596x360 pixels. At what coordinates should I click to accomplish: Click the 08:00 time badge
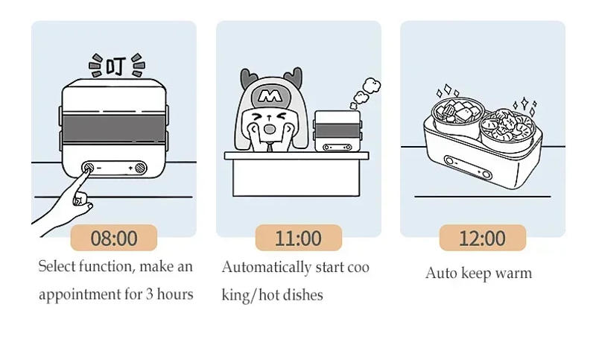coord(114,238)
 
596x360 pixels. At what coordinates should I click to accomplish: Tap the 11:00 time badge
coord(298,238)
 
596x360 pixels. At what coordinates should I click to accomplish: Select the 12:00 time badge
coord(482,238)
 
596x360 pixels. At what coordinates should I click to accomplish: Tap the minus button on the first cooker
coord(88,168)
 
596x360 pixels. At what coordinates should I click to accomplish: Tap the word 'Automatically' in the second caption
coord(266,267)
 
